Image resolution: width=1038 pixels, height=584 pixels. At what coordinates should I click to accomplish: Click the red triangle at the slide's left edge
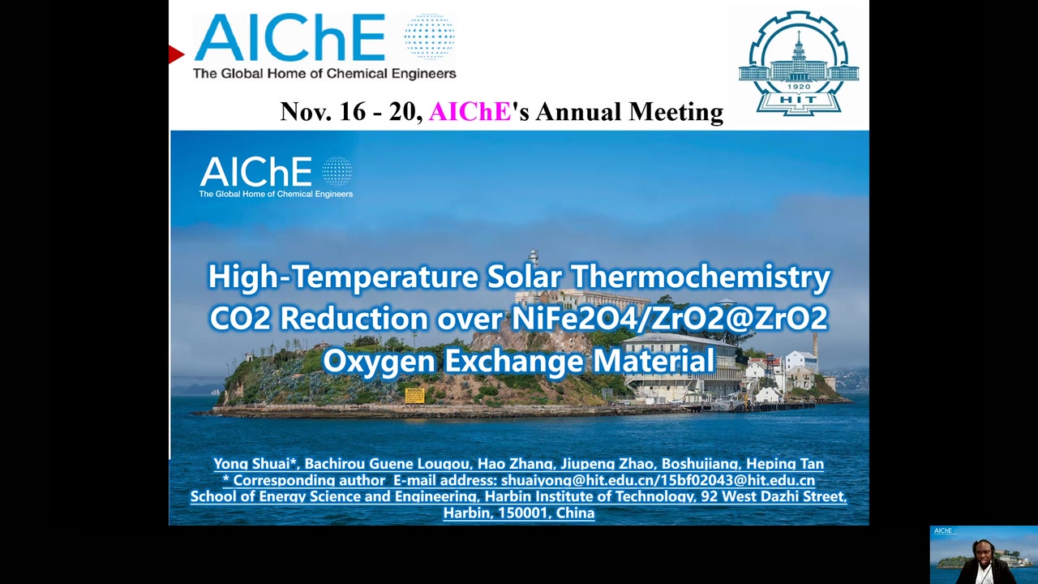coord(176,54)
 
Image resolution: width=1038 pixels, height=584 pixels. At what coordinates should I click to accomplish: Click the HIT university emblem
coord(799,63)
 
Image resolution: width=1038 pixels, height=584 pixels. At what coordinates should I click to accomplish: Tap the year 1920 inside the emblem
coord(799,87)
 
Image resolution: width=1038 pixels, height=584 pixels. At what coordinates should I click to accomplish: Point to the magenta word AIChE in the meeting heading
coord(470,112)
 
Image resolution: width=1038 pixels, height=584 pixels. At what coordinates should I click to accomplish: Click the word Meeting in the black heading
coord(676,113)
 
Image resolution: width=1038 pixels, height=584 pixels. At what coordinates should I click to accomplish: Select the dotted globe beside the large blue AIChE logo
coord(429,36)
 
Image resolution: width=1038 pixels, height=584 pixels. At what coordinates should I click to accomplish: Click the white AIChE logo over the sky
coord(277,177)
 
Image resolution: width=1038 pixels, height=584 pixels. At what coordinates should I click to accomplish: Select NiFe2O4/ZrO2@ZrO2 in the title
coord(670,319)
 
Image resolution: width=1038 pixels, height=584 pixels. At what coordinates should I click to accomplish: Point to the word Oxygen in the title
coord(379,362)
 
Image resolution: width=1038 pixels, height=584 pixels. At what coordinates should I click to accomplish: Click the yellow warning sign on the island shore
coord(414,395)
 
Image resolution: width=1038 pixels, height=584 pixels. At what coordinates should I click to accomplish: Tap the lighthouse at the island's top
coord(534,257)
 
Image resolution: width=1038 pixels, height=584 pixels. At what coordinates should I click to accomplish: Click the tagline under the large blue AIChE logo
coord(324,74)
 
